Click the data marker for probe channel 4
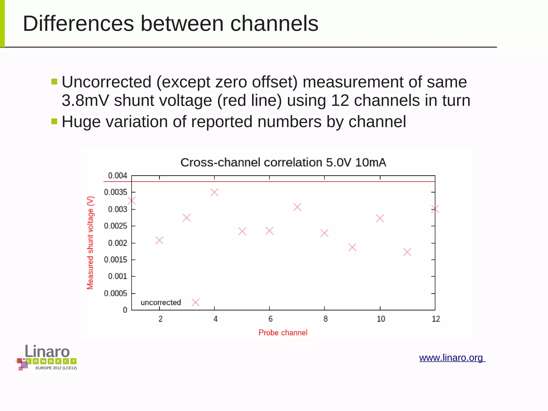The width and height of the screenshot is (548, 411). (214, 192)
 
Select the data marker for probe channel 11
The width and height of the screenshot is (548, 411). (407, 252)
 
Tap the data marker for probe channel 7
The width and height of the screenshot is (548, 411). (297, 207)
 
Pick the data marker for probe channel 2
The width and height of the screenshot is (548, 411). (159, 240)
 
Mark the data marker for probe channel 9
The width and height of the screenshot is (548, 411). (352, 247)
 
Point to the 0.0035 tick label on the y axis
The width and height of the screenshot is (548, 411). (116, 192)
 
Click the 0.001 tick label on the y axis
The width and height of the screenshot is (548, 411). (118, 276)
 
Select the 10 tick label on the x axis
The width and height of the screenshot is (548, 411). (381, 319)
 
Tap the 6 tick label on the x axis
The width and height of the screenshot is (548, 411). (270, 319)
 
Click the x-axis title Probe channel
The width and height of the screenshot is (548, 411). (283, 333)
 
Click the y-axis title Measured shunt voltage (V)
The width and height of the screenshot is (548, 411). (90, 243)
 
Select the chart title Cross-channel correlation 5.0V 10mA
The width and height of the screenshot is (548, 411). (283, 163)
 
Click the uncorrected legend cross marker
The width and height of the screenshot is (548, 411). (195, 303)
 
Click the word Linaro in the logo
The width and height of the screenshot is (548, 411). (47, 351)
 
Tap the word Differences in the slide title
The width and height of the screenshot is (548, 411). (78, 24)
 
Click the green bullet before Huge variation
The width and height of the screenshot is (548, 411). (54, 121)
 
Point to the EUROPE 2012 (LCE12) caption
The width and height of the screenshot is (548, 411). (56, 368)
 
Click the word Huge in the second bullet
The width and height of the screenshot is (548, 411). (81, 122)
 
